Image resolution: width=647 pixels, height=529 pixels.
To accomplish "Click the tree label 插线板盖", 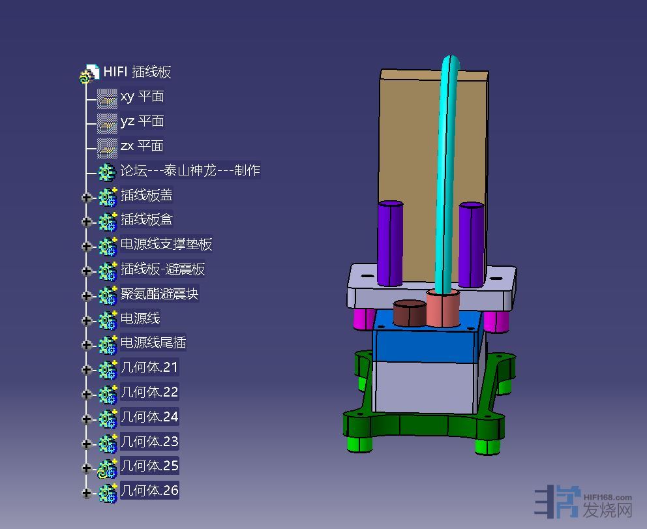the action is coord(147,195).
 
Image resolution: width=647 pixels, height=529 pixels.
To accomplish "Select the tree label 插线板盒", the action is coord(147,220).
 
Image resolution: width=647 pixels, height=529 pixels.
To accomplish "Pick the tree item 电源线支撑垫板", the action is coord(166,245).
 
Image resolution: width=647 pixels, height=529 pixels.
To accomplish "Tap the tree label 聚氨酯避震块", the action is coord(160,294).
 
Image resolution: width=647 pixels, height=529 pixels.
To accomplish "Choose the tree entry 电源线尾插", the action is coord(153,342).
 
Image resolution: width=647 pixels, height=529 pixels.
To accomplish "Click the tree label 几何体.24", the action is coord(149,417).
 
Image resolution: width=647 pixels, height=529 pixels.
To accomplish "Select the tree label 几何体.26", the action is coord(149,491).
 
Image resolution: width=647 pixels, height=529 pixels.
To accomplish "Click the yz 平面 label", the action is coord(142,121).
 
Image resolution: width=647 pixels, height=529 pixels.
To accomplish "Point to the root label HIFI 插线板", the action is coord(137,72).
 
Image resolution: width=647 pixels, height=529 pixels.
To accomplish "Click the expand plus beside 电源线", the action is coord(86,320).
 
